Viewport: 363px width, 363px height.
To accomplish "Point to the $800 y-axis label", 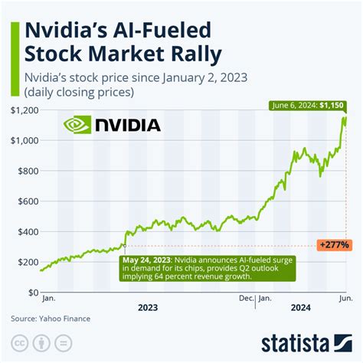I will (x=24, y=171).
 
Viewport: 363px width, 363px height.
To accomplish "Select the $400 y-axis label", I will (x=24, y=231).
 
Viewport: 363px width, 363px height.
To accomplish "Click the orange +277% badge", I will (x=335, y=245).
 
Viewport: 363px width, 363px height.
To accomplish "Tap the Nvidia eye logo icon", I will (x=76, y=125).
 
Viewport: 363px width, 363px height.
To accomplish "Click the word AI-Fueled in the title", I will (x=157, y=31).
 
